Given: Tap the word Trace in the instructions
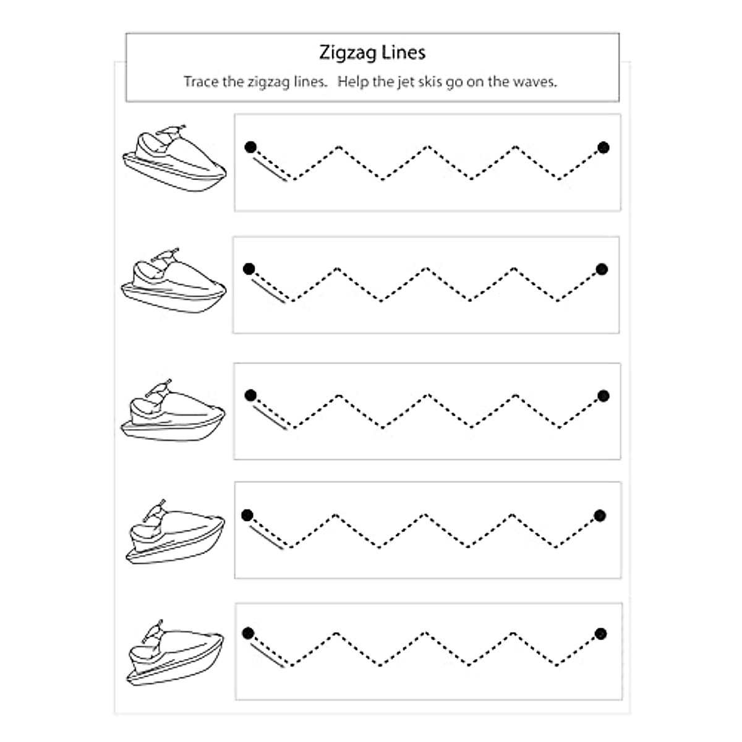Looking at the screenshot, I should pos(201,81).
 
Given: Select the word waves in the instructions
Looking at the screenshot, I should pos(535,81).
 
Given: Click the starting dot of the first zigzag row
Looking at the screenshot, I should pos(250,147).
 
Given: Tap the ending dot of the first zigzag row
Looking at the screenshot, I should pos(603,147).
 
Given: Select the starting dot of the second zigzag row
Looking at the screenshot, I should pos(249,269).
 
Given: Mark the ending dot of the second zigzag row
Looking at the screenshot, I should pos(602,269).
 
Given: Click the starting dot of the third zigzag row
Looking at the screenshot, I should pos(250,395).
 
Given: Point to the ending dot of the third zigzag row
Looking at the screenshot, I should pos(603,396).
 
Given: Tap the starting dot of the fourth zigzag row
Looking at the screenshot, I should pos(247,515).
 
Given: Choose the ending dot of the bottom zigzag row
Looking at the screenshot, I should pos(600,633).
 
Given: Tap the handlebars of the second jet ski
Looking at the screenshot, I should pos(166,254).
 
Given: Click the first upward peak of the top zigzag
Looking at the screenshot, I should pos(339,147).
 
